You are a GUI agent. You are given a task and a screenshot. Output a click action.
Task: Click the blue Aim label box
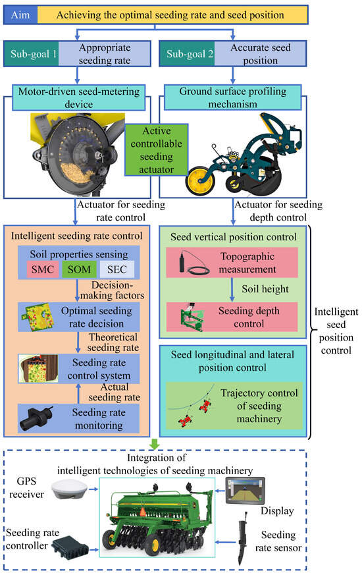pos(20,14)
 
